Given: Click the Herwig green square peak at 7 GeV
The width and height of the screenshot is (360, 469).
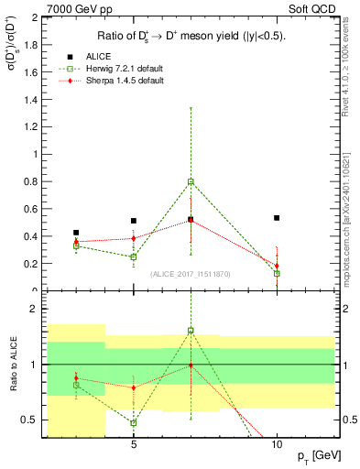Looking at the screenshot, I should pos(191,181).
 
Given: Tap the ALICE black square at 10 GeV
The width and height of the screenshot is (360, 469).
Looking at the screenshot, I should pos(277,218).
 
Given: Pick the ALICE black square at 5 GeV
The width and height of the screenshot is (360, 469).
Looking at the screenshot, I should pos(134,221).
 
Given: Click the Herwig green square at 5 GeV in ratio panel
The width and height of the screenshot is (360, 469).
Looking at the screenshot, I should pos(134,422).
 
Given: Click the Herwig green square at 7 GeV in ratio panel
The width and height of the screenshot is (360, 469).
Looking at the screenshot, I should pos(191,331).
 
